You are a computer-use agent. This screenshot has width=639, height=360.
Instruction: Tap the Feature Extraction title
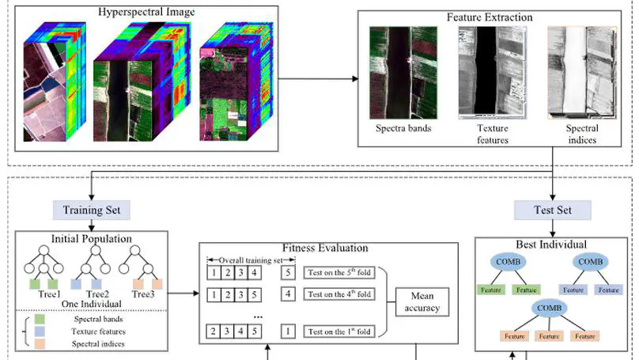pyautogui.click(x=490, y=17)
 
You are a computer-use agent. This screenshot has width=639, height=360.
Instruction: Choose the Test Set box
pyautogui.click(x=554, y=210)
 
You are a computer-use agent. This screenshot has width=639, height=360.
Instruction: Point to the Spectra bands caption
pyautogui.click(x=403, y=128)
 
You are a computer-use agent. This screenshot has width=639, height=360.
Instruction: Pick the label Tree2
pyautogui.click(x=96, y=294)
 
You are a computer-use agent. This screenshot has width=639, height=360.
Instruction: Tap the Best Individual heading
pyautogui.click(x=553, y=244)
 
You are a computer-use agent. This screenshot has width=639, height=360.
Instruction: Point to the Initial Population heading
pyautogui.click(x=92, y=237)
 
